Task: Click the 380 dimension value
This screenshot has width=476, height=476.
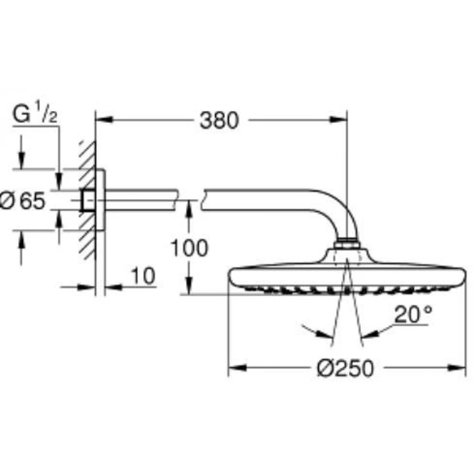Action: (219, 121)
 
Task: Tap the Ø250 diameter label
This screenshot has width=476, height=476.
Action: (345, 369)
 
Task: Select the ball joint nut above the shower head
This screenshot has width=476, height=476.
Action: (347, 244)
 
